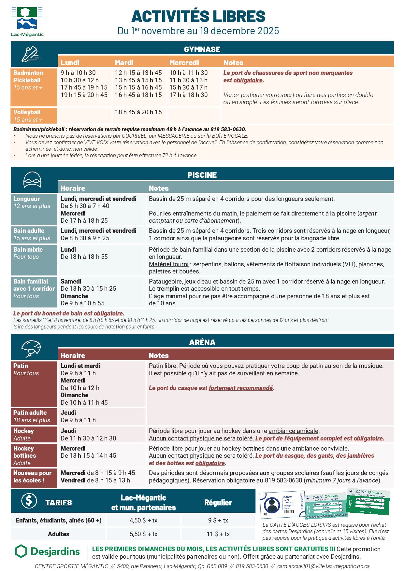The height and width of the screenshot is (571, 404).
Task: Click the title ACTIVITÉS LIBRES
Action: [198, 16]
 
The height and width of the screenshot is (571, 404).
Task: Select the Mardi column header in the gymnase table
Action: [124, 63]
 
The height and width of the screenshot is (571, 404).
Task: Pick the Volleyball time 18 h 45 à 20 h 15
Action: [138, 112]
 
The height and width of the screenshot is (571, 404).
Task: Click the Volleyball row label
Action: [27, 112]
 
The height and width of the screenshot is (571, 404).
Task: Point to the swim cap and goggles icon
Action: [32, 179]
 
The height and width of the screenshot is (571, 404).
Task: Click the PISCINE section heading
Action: [202, 175]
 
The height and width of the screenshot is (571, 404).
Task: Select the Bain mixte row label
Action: [28, 249]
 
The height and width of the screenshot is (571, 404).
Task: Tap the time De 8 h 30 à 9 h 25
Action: [85, 238]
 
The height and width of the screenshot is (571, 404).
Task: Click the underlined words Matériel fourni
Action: [168, 264]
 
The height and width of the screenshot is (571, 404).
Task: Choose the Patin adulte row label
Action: [30, 412]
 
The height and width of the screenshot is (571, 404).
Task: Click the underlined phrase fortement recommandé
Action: [240, 388]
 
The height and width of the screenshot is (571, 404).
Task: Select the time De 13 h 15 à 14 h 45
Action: [88, 455]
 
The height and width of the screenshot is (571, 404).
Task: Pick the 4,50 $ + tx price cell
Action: [143, 520]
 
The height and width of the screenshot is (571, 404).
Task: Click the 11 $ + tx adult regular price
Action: [218, 534]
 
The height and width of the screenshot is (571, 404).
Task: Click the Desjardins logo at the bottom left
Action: [48, 551]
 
